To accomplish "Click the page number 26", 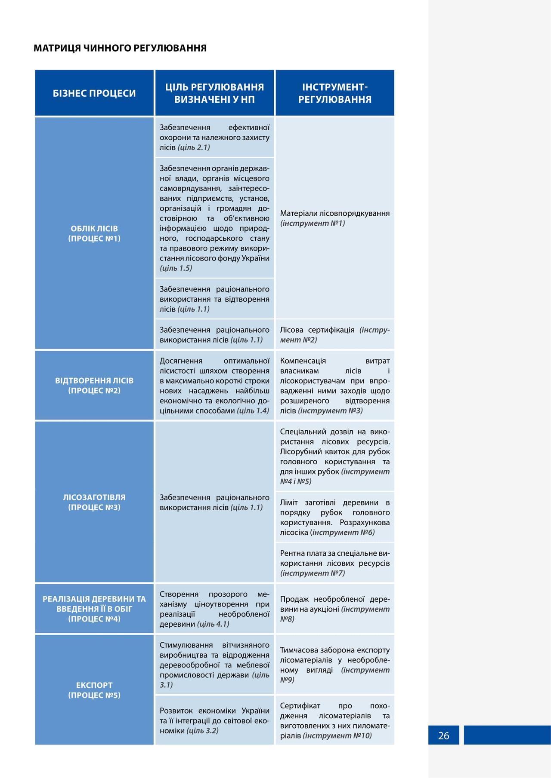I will click(x=443, y=735).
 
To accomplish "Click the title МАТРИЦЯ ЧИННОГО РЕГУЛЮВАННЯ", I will click(x=120, y=48).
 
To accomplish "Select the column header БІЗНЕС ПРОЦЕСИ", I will click(x=94, y=93).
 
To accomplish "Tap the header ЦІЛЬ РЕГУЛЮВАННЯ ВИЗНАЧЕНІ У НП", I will click(x=214, y=93).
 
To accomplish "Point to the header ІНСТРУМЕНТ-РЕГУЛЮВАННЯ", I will click(x=334, y=93).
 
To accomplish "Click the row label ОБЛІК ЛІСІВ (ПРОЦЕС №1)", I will click(x=94, y=233).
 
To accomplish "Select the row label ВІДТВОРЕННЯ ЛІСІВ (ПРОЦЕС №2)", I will click(x=94, y=386).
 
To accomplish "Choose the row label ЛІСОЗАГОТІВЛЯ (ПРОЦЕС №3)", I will click(x=94, y=502).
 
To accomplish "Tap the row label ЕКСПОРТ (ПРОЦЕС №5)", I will click(x=94, y=690).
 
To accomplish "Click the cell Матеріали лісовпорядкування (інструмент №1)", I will click(x=334, y=218).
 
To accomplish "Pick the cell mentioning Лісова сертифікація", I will click(x=334, y=335).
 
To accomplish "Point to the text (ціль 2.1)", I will click(x=194, y=147).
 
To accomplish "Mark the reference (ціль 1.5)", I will click(x=176, y=268).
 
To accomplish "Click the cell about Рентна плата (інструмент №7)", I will click(x=334, y=563).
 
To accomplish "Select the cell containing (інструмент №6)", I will click(x=334, y=517).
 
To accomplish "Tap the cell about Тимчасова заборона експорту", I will click(x=334, y=665).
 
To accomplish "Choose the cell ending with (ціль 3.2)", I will click(x=214, y=720).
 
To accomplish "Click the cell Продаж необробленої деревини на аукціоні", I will click(x=334, y=609).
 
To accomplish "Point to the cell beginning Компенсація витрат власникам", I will click(x=334, y=386).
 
